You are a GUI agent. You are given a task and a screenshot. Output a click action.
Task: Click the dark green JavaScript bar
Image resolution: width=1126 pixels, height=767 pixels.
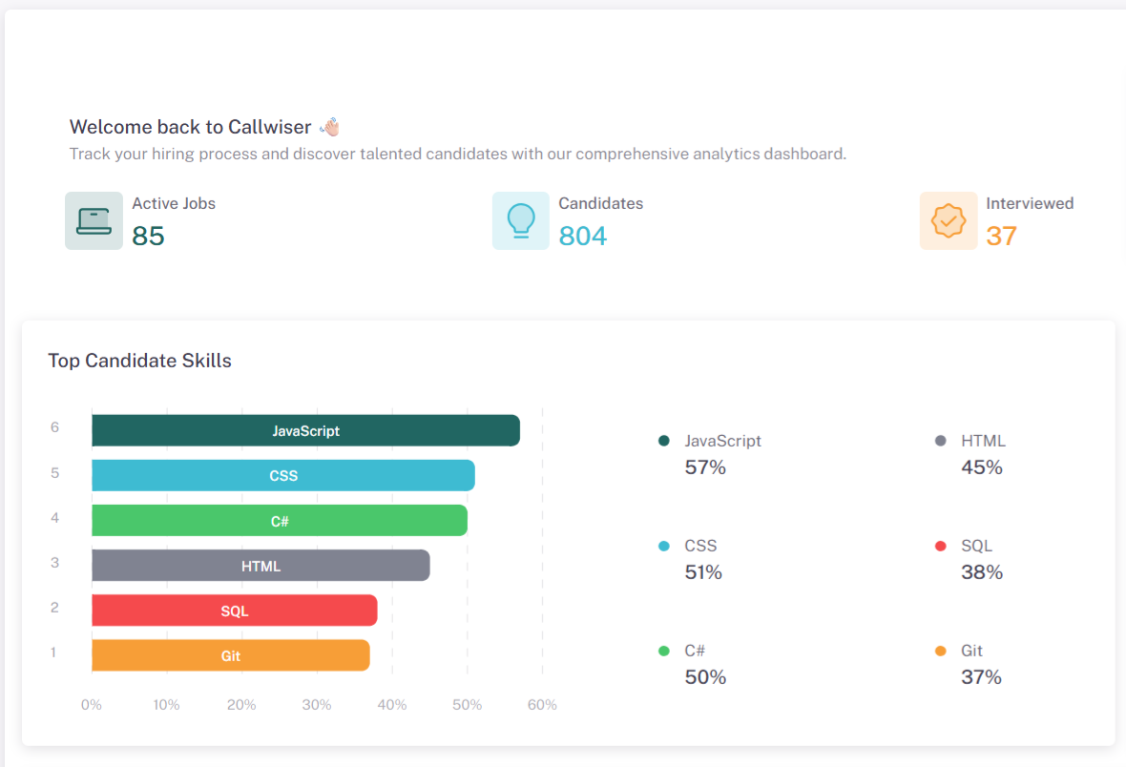click(305, 431)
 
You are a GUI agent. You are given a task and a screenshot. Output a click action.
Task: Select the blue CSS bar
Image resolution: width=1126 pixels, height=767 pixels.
click(283, 476)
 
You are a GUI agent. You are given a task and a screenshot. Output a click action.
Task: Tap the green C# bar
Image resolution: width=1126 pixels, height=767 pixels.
click(280, 521)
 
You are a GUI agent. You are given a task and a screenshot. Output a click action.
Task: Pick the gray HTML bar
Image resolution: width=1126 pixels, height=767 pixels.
click(261, 566)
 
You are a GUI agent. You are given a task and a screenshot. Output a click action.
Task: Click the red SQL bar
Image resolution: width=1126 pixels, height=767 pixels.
click(235, 611)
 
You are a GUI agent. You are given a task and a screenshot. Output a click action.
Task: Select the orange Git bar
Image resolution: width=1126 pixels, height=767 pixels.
click(231, 655)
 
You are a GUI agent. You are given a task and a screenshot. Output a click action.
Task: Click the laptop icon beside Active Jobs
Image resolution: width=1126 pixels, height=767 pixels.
click(94, 221)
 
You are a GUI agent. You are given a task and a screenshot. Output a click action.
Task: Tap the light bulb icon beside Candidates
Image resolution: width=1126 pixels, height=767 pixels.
click(521, 221)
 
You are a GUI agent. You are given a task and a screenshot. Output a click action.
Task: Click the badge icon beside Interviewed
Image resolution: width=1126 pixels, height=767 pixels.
click(949, 221)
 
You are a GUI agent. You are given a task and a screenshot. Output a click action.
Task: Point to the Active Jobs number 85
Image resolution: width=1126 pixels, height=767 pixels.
click(149, 236)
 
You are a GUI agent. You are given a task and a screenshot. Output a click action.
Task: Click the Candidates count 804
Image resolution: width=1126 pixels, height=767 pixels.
click(583, 236)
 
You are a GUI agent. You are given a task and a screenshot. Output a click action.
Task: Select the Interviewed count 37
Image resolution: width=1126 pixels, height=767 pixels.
click(1002, 236)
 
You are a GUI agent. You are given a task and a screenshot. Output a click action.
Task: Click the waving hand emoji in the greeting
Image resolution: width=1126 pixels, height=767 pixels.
click(329, 127)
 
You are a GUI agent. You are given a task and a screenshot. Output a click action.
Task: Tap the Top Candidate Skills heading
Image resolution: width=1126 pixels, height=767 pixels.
click(140, 361)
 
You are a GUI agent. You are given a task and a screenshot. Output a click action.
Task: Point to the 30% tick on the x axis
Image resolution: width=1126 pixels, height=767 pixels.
click(317, 705)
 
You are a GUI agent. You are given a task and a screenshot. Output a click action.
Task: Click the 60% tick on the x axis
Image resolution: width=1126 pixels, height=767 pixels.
click(542, 705)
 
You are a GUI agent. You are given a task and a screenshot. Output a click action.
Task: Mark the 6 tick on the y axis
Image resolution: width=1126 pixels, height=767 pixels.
click(54, 427)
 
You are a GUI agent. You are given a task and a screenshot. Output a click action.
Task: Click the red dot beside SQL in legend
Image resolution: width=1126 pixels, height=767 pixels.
click(940, 547)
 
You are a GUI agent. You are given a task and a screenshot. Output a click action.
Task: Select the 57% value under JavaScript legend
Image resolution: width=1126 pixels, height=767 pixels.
click(705, 467)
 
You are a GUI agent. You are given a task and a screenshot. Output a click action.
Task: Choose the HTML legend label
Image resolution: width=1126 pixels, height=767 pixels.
click(983, 441)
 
